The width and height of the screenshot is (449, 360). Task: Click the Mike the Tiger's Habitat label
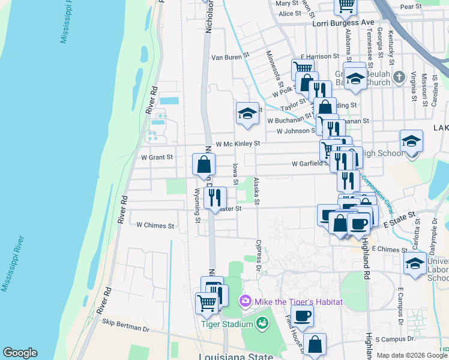pyautogui.click(x=298, y=301)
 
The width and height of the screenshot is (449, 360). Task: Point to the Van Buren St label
pyautogui.click(x=229, y=58)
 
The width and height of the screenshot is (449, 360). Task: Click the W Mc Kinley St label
pyautogui.click(x=238, y=144)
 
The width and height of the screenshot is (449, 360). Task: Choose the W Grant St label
pyautogui.click(x=157, y=157)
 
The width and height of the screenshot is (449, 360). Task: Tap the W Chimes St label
pyautogui.click(x=155, y=226)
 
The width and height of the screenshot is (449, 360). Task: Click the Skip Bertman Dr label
pyautogui.click(x=125, y=329)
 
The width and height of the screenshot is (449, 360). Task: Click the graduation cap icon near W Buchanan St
pyautogui.click(x=247, y=113)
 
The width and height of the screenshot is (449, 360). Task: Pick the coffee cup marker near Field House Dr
pyautogui.click(x=303, y=316)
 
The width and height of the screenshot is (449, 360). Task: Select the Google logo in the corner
pyautogui.click(x=20, y=353)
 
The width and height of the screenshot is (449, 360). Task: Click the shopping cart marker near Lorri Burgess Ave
pyautogui.click(x=346, y=5)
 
